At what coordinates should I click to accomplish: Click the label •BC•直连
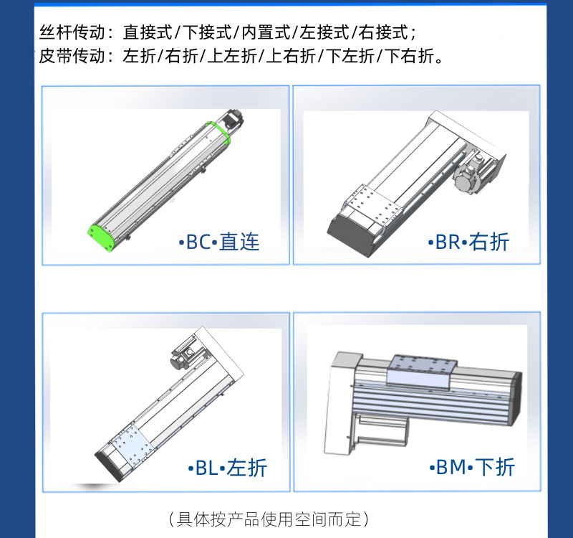coord(219,242)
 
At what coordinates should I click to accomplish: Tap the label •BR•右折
coord(468,242)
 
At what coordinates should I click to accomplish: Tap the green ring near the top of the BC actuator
coord(216,132)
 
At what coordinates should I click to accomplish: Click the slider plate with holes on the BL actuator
coord(130,445)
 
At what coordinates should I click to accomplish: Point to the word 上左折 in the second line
coord(231,56)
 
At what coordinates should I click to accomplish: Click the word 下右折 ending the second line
coord(410,56)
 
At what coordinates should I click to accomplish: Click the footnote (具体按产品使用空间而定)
coord(269,518)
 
